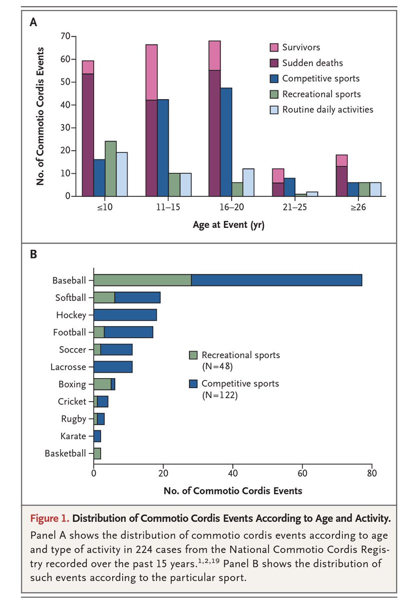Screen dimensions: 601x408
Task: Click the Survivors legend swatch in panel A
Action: [x=274, y=48]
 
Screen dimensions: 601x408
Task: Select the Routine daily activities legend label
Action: [x=328, y=109]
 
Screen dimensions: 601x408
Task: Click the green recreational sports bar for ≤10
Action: [x=111, y=168]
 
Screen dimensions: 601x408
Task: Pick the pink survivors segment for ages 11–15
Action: [x=151, y=72]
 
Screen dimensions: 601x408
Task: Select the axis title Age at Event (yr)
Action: [x=228, y=225]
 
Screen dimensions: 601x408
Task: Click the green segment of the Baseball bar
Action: [x=142, y=280]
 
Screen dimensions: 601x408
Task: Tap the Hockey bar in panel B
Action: [x=125, y=315]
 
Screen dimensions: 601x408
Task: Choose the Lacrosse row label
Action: [x=68, y=367]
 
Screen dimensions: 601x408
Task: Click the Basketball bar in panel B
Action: [x=97, y=454]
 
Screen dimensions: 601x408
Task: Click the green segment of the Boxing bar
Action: [x=102, y=384]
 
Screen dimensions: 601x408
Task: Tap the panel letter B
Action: [x=34, y=254]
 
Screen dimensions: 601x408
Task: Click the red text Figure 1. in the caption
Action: [x=53, y=518]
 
